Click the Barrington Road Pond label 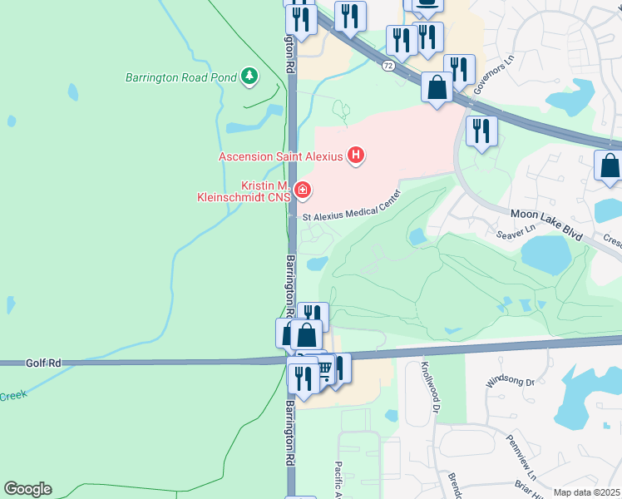point(179,78)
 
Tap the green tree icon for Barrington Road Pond point(249,77)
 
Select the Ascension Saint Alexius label point(281,156)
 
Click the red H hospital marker point(357,155)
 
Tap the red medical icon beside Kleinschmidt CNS point(303,191)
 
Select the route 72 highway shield point(388,64)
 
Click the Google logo point(27,489)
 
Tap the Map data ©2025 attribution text point(587,492)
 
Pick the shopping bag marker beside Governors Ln point(437,87)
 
